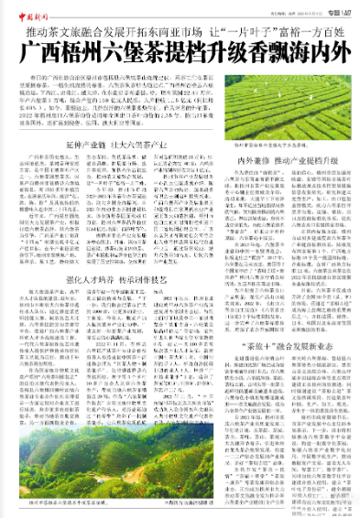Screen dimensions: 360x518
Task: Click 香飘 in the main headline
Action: pos(266,51)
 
